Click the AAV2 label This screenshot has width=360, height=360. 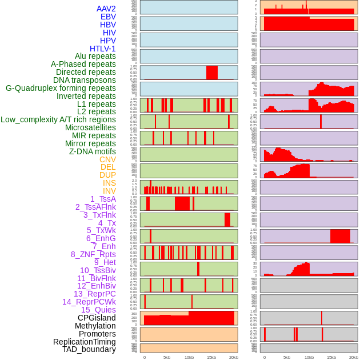pos(106,9)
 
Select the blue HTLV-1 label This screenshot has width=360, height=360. pos(102,49)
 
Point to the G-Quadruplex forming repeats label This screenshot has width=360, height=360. pos(61,88)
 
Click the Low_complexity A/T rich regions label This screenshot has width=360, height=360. pos(58,119)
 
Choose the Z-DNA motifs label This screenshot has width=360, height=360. pos(93,151)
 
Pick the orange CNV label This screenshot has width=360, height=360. pos(107,159)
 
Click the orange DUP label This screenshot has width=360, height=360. pos(107,175)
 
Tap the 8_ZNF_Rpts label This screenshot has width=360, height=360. pos(93,254)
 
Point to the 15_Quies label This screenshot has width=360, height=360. pos(98,310)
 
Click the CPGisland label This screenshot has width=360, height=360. pos(97,318)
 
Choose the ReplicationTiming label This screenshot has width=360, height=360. pos(84,342)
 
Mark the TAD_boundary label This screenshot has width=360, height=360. pos(89,349)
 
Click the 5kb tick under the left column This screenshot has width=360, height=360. pos(167,357)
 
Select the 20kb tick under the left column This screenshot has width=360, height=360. pos(234,357)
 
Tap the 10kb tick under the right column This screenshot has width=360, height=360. pos(309,357)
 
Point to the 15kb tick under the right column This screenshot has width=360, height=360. pos(331,357)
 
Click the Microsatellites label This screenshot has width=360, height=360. pos(90,127)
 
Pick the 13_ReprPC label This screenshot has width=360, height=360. pos(94,294)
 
